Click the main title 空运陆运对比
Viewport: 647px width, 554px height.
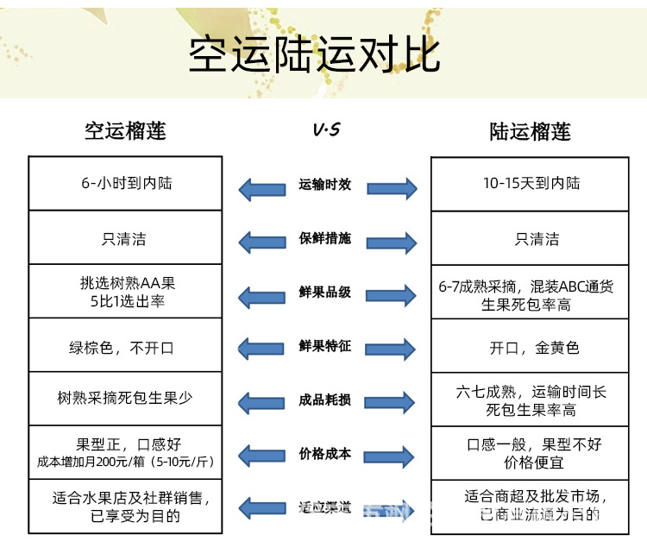click(x=315, y=54)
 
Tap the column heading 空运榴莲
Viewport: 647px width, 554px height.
click(x=125, y=130)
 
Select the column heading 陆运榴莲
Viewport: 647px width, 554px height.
click(x=530, y=131)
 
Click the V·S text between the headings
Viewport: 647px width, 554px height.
click(x=325, y=130)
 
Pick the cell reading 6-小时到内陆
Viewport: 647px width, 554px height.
click(x=126, y=184)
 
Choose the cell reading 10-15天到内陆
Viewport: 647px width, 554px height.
click(x=531, y=184)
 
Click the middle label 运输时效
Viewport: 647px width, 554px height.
click(x=325, y=185)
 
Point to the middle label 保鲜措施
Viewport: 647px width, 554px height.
click(x=325, y=238)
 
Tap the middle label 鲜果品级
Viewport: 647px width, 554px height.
click(x=325, y=293)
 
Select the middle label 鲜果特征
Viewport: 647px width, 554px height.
click(x=325, y=346)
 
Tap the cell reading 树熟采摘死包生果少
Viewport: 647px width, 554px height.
click(x=126, y=398)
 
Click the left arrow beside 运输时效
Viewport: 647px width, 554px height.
click(x=262, y=186)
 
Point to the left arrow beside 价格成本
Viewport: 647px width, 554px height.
click(x=262, y=456)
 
